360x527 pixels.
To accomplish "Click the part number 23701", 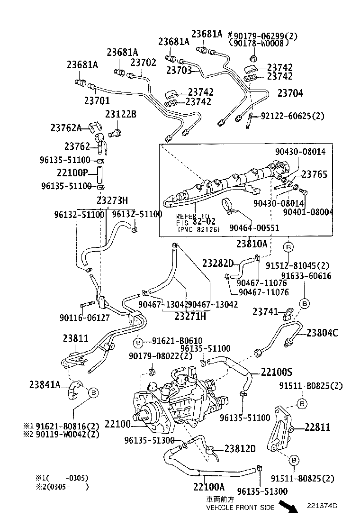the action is [x=97, y=100].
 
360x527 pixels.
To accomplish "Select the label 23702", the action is [x=144, y=63].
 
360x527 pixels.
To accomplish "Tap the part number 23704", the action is [x=290, y=93].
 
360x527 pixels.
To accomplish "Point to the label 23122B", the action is [x=121, y=114].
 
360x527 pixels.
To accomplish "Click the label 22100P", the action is [x=72, y=173].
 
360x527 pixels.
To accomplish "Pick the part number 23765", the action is [x=315, y=174].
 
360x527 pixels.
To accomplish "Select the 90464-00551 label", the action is [x=254, y=228].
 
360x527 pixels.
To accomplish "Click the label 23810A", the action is [x=252, y=243].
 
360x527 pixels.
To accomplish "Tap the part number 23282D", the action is [x=218, y=263].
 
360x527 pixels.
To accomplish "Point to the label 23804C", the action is [x=322, y=333].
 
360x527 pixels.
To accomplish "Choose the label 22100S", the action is [x=276, y=372].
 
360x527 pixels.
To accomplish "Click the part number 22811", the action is [x=317, y=427].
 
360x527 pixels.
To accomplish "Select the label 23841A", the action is [x=45, y=384].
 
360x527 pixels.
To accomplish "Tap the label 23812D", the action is [x=240, y=449].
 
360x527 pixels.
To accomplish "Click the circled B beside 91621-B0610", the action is [x=138, y=343].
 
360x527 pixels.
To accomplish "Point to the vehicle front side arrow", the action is [x=288, y=506].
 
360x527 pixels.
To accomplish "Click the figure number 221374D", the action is [x=322, y=506].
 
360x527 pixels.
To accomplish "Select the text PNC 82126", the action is [x=198, y=229].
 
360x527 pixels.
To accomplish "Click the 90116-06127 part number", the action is [x=85, y=317].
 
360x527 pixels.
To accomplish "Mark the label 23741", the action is [x=265, y=312].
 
